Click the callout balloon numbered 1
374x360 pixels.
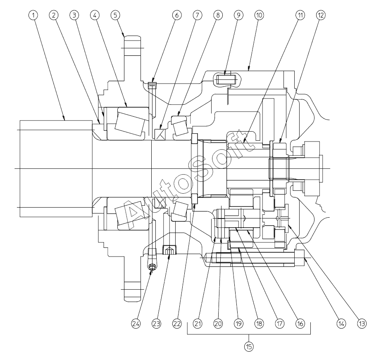pos(33,15)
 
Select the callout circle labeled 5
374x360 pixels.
pos(115,15)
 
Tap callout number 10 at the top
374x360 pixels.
pos(259,15)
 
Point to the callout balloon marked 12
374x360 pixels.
pos(321,15)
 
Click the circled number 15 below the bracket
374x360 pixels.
pos(249,347)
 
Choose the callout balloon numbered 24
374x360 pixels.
pos(136,324)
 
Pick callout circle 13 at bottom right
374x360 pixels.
pos(362,324)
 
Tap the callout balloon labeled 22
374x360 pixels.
pos(177,324)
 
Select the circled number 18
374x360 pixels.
pos(259,324)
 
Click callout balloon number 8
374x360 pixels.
pos(218,15)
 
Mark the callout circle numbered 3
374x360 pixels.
pos(74,15)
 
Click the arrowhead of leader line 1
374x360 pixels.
pos(64,118)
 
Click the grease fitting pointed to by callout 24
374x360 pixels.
pos(152,267)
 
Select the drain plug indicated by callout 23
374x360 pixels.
pos(169,250)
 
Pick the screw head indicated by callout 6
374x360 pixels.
pos(152,85)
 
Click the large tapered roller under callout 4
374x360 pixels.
pos(130,122)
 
